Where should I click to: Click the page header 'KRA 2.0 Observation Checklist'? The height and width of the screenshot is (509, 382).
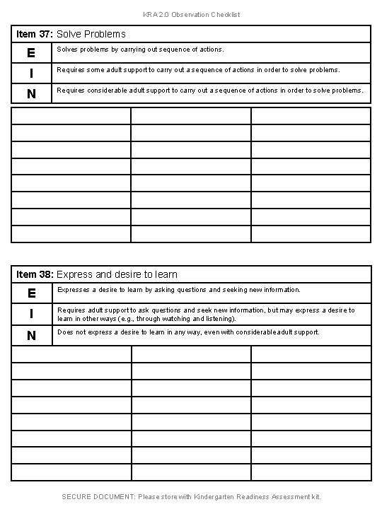click(191, 14)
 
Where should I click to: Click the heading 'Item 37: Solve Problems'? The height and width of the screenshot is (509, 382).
click(71, 34)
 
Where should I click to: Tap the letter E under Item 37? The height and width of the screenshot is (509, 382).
click(31, 53)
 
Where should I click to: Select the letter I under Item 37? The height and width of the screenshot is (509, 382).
click(31, 73)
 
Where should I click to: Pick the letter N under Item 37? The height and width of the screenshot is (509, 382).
click(31, 93)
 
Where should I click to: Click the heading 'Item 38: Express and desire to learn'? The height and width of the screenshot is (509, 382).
click(96, 274)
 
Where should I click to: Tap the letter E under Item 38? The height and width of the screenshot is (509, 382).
click(31, 293)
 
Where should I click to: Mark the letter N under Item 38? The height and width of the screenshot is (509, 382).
click(31, 336)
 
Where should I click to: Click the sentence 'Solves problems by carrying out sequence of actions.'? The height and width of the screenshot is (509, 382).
click(140, 50)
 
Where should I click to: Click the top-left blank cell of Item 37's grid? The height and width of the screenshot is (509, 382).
click(71, 115)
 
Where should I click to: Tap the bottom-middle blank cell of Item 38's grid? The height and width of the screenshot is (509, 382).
click(191, 472)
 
